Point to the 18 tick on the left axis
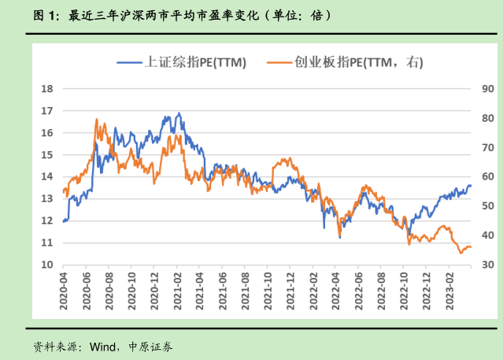point(48,88)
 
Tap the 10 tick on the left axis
point(48,265)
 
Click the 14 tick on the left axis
point(48,176)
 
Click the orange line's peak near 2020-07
point(96,120)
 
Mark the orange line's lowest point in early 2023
point(462,253)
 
